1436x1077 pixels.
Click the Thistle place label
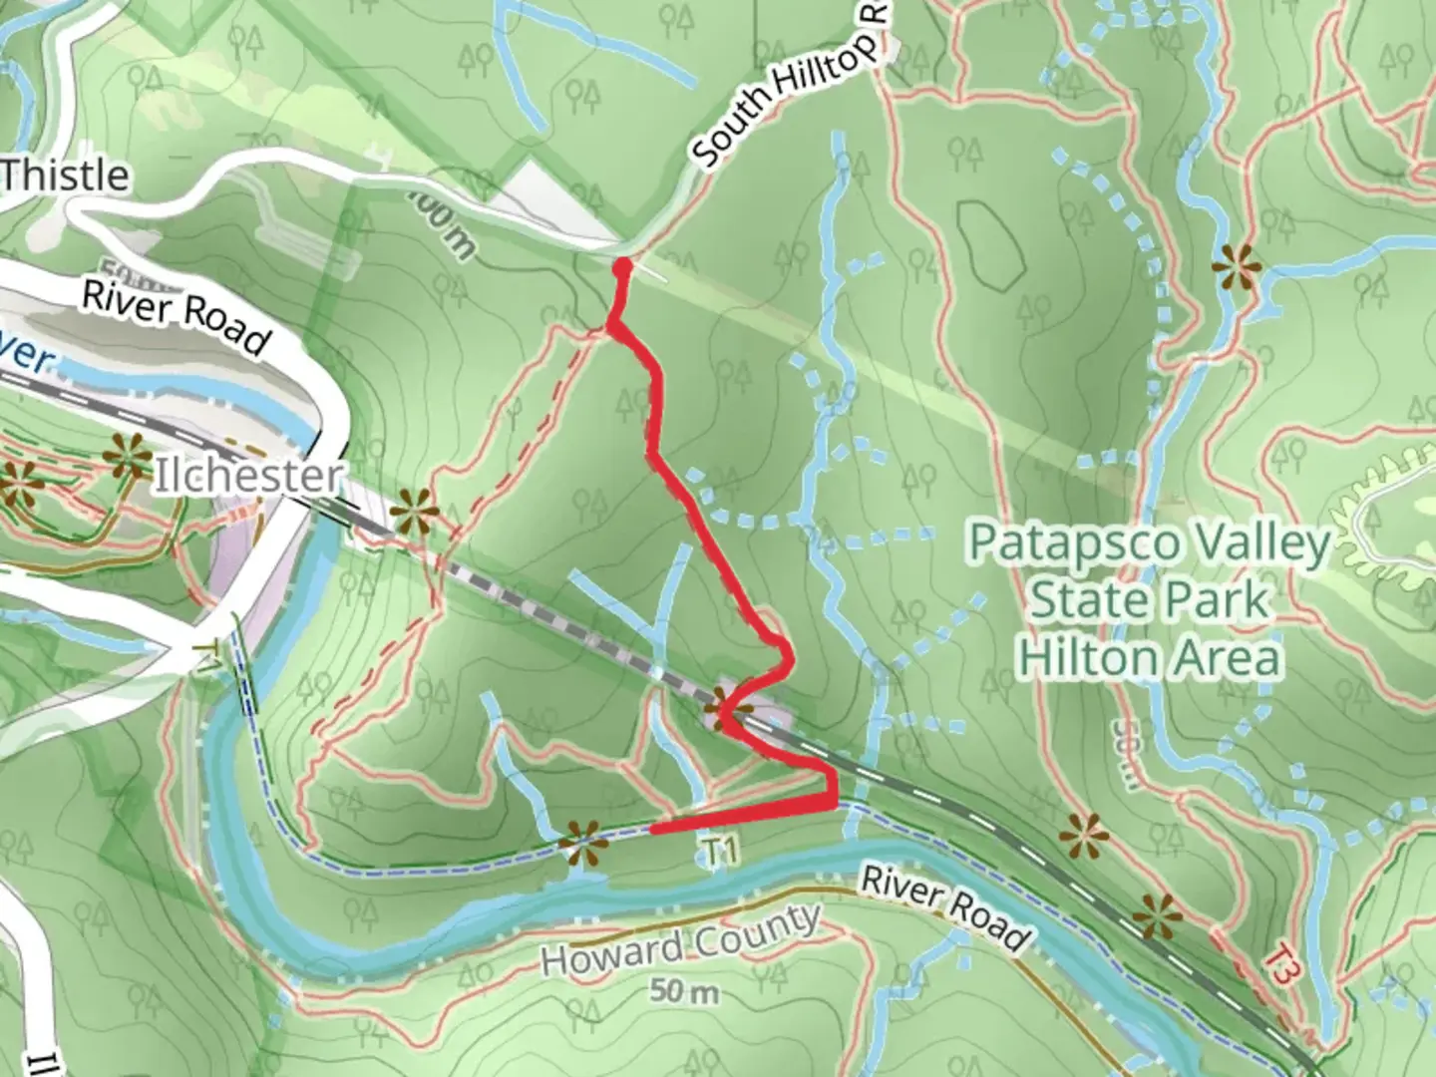pos(65,176)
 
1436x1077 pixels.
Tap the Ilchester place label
pos(246,476)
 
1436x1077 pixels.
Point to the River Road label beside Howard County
pos(943,908)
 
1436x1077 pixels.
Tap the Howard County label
pos(681,937)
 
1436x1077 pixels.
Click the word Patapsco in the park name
pos(1062,544)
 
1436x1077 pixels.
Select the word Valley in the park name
pos(1267,544)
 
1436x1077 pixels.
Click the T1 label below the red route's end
pos(722,852)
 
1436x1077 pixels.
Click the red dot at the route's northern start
pos(622,266)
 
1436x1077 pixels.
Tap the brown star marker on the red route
pos(726,711)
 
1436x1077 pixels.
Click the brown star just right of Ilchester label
pos(413,516)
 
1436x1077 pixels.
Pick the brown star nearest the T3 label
pos(1160,914)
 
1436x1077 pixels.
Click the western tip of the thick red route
pos(653,828)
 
